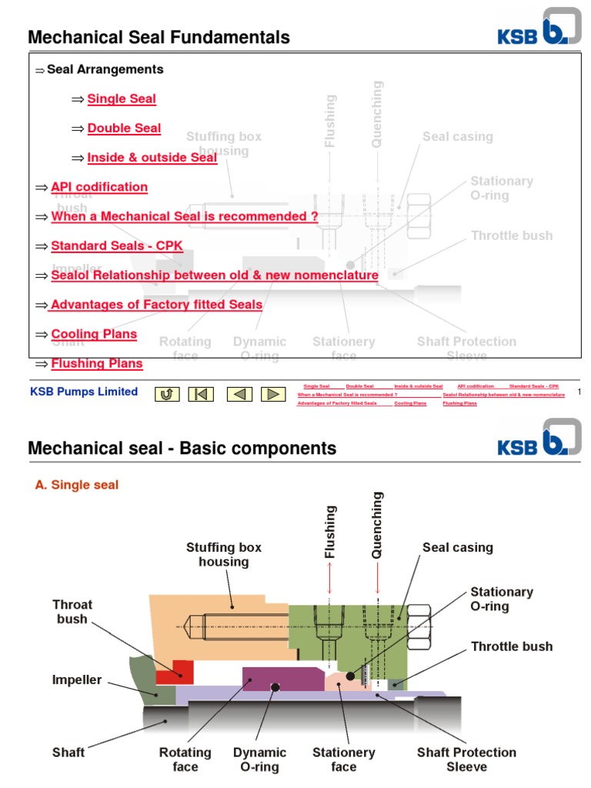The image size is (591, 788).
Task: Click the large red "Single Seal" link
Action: click(x=122, y=98)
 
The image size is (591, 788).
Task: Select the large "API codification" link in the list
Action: click(x=99, y=187)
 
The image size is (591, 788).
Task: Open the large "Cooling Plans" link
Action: click(x=94, y=334)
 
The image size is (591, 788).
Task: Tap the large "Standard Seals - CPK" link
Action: click(x=117, y=246)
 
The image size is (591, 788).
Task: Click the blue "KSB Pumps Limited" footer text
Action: click(x=83, y=392)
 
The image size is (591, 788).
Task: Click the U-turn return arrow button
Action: click(x=167, y=394)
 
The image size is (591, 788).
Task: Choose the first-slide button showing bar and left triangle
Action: click(x=201, y=394)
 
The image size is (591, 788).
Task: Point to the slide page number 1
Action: click(x=579, y=392)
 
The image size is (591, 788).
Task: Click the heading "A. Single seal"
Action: click(x=77, y=486)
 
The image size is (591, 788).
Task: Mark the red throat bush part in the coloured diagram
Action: click(x=175, y=670)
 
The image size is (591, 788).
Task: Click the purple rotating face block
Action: click(x=282, y=679)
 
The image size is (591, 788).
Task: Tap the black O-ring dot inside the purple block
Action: click(x=275, y=687)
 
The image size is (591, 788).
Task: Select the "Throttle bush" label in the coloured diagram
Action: click(x=512, y=646)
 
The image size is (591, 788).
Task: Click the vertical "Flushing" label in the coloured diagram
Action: click(x=330, y=532)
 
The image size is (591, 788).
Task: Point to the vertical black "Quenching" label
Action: click(x=377, y=526)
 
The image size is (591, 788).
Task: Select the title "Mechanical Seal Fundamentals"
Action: click(x=159, y=37)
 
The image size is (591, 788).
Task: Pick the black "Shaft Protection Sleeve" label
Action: click(x=466, y=759)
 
